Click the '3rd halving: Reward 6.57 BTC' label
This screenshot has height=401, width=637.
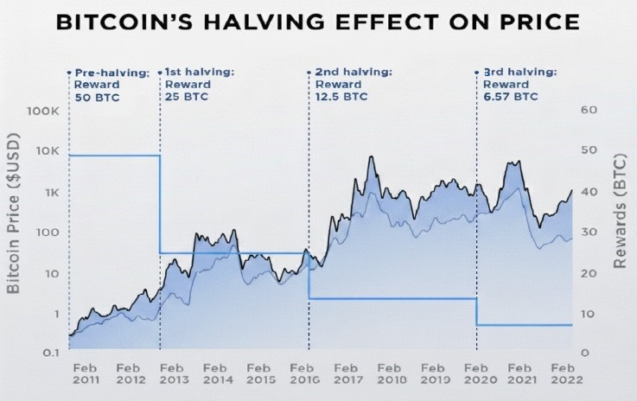516,86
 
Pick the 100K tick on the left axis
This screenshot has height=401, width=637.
41,111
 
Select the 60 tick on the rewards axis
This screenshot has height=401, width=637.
589,111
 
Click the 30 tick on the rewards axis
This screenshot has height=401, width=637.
589,232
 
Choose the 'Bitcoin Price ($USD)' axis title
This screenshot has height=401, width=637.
15,232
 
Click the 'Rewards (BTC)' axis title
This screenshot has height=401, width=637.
619,232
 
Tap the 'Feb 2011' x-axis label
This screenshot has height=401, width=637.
86,372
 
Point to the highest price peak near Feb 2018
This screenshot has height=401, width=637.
371,157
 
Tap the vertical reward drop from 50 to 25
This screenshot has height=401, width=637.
160,204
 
